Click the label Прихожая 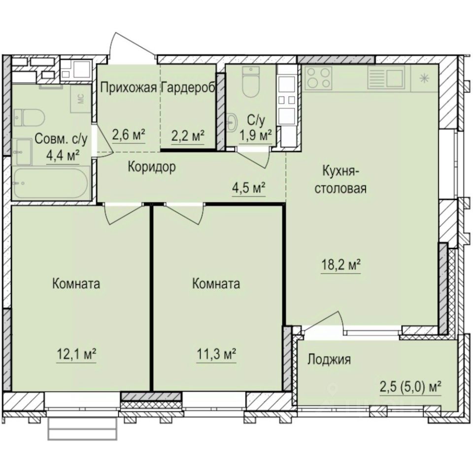(x=129, y=88)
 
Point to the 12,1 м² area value (x=75, y=354)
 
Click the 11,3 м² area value (x=216, y=354)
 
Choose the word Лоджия (x=329, y=360)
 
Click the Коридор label (x=151, y=167)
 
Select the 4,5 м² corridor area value (x=249, y=188)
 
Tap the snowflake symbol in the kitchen (x=423, y=77)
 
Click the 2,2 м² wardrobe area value (x=188, y=135)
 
